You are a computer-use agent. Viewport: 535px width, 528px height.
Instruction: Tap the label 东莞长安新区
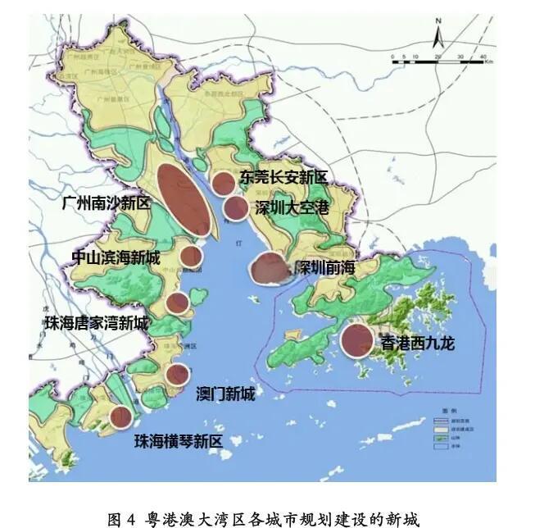283,176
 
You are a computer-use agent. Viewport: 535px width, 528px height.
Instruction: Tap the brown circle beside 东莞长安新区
223,183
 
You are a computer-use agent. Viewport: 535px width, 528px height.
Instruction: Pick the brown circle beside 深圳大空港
235,208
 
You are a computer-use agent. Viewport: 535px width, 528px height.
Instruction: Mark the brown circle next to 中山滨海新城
191,256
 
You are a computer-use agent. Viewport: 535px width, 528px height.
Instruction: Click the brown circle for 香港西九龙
357,341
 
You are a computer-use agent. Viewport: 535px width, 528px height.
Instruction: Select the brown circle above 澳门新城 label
178,375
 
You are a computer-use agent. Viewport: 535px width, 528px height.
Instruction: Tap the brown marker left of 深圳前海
267,268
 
